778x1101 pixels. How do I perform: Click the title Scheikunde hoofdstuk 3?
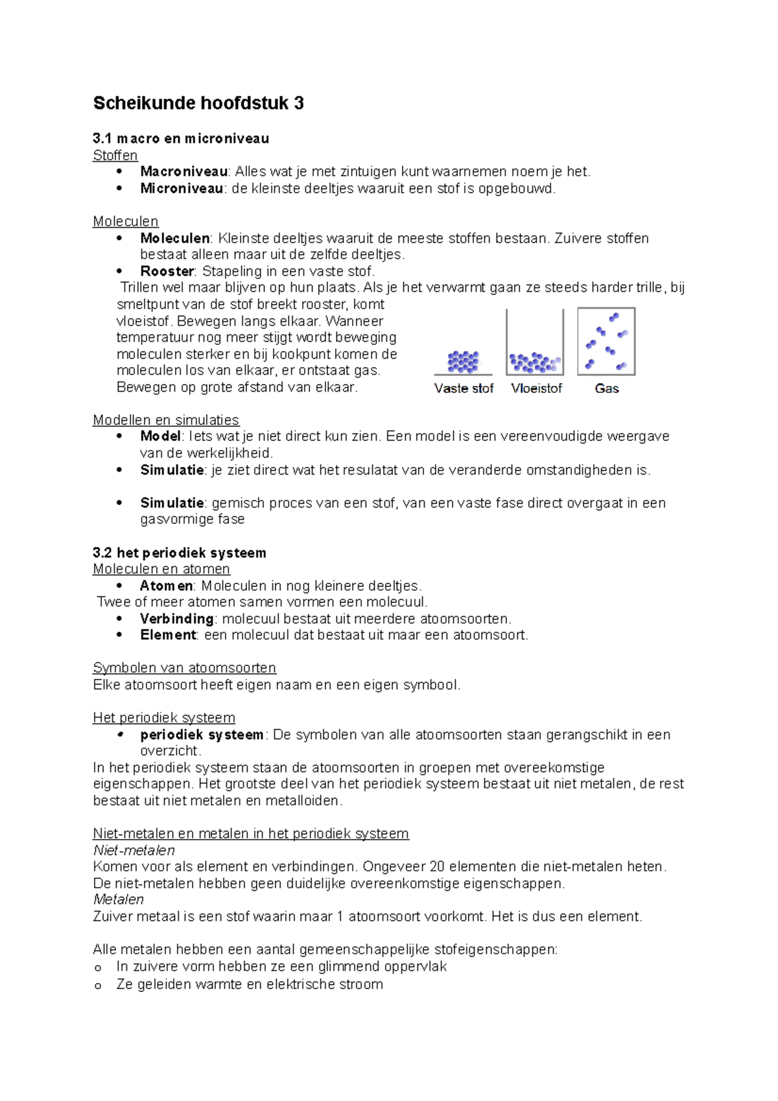(198, 103)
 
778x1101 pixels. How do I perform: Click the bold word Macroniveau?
(183, 172)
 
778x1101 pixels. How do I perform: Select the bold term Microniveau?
(182, 189)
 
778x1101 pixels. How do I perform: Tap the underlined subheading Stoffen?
(115, 156)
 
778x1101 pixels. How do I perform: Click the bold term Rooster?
(167, 271)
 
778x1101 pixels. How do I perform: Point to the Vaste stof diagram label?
(464, 388)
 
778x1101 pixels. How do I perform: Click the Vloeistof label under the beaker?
(536, 388)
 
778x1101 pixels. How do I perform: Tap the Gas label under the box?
(607, 388)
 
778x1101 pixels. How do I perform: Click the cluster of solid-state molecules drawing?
(463, 362)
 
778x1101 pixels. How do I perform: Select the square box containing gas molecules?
(606, 342)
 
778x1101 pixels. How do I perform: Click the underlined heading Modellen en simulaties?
(166, 420)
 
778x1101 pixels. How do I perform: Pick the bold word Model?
(160, 436)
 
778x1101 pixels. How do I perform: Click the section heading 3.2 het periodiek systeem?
(180, 553)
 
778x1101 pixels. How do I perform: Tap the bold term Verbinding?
(176, 619)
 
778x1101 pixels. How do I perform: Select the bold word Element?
(168, 635)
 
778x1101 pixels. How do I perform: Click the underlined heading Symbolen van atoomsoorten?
(184, 668)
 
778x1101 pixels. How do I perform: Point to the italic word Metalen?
(118, 899)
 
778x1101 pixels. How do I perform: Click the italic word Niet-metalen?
(134, 850)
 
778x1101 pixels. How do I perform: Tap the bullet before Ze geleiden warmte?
(99, 986)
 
